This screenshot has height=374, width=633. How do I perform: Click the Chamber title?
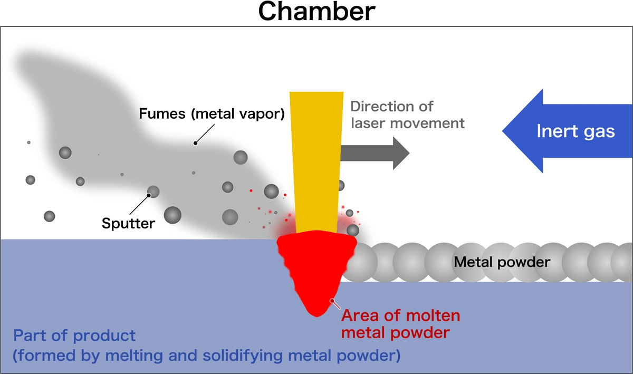point(316,12)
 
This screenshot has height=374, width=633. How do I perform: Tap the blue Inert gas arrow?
point(559,131)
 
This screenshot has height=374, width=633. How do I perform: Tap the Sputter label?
point(129,223)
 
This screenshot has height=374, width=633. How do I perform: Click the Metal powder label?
point(502,262)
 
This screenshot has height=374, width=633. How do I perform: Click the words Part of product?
point(74,335)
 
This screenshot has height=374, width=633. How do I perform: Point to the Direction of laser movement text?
point(407,114)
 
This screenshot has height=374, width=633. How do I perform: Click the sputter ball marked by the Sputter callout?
point(153,192)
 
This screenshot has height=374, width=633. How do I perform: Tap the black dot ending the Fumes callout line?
point(195,142)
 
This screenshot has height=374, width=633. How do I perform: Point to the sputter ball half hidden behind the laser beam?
point(341,185)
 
